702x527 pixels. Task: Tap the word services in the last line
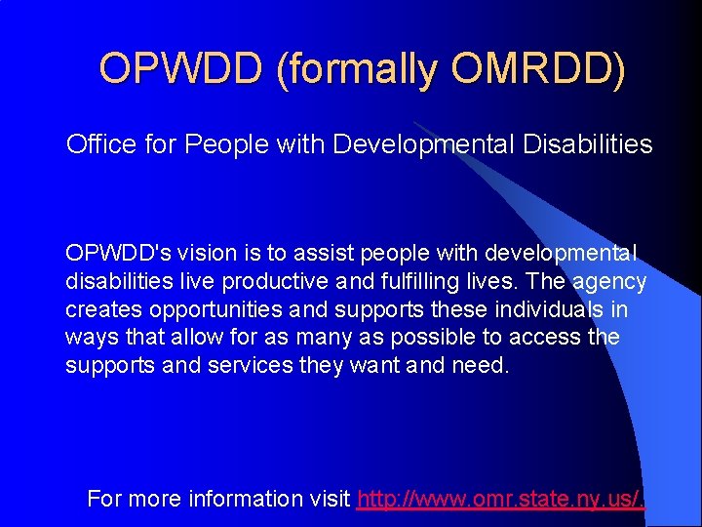coord(250,365)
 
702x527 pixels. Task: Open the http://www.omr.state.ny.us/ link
coord(500,500)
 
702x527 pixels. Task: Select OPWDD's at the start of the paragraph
coord(116,254)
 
